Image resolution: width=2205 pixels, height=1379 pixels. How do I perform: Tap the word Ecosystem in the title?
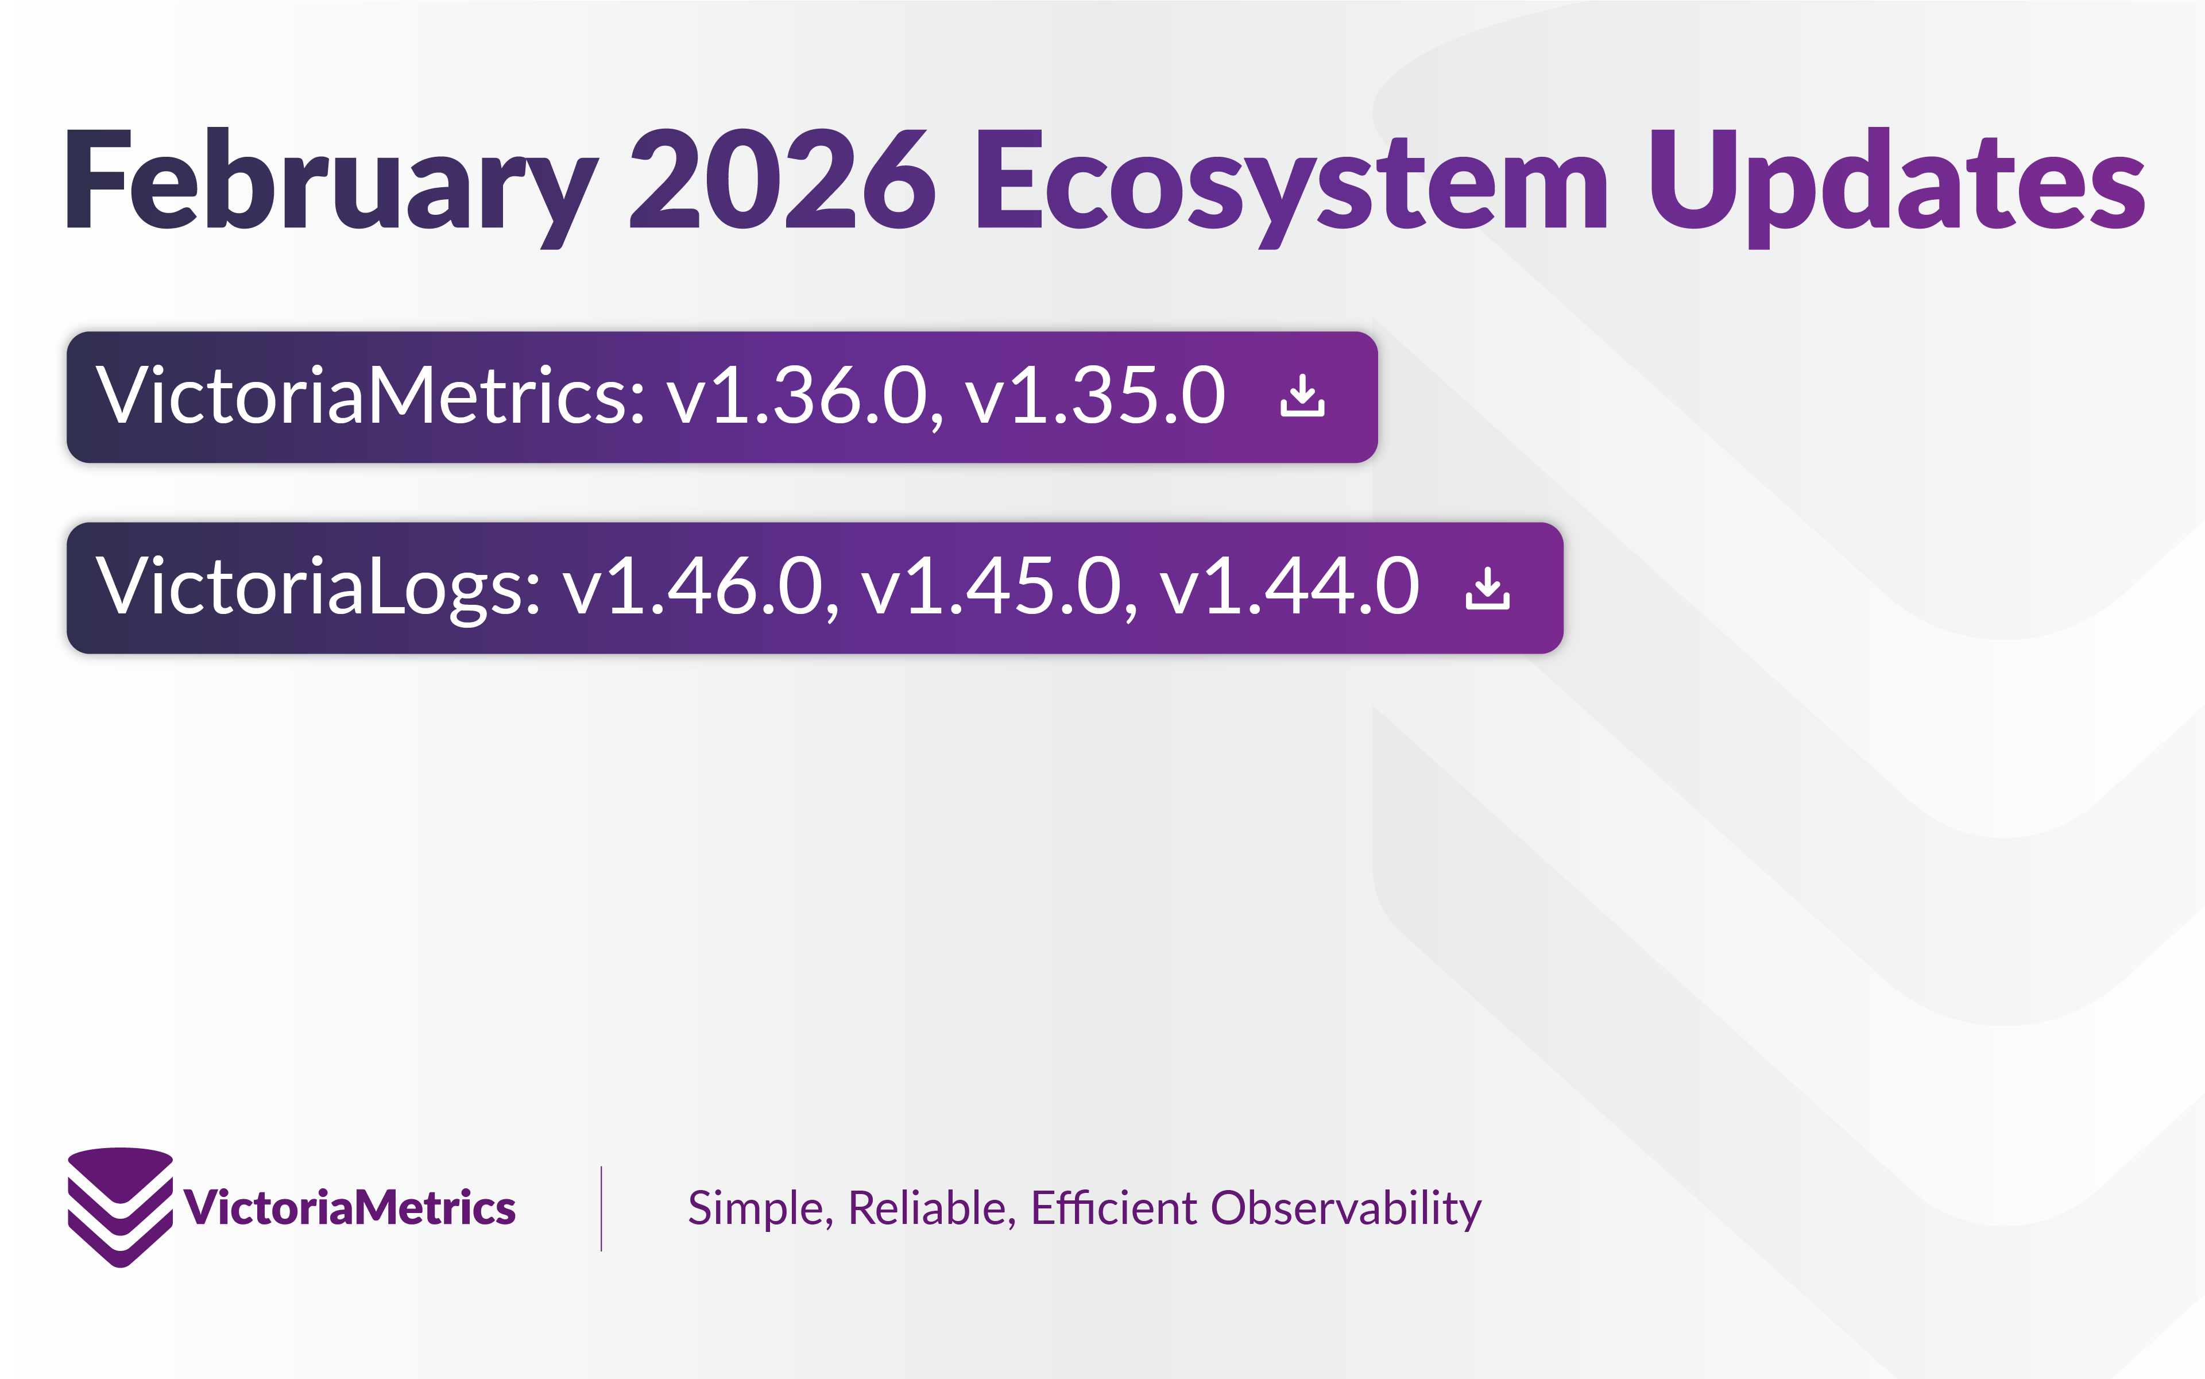(x=1290, y=180)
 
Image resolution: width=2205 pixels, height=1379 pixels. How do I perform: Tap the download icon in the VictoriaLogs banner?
(x=1487, y=588)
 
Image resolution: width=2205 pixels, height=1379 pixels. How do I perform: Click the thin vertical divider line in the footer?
(x=601, y=1207)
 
